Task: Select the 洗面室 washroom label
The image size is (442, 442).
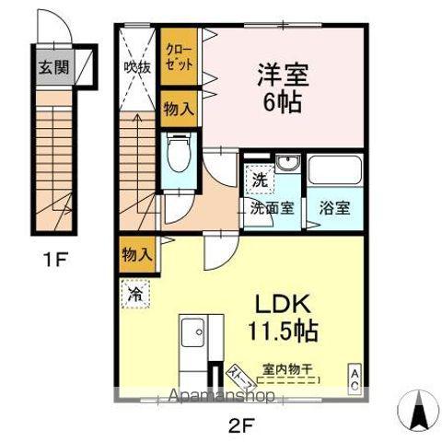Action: pos(273,207)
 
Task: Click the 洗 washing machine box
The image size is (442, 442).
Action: pos(261,180)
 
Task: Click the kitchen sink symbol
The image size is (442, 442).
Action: pos(193,331)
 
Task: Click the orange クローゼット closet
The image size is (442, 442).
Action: pos(179,57)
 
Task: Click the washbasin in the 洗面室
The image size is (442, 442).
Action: pos(287,166)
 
